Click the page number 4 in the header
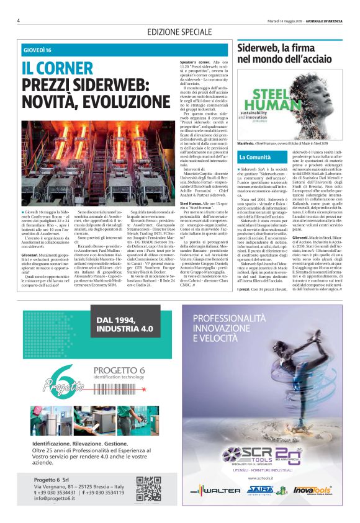pyautogui.click(x=19, y=20)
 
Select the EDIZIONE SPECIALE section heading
pyautogui.click(x=179, y=32)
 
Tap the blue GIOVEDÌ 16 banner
pyautogui.click(x=37, y=50)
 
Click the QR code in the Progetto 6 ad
pyautogui.click(x=148, y=488)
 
